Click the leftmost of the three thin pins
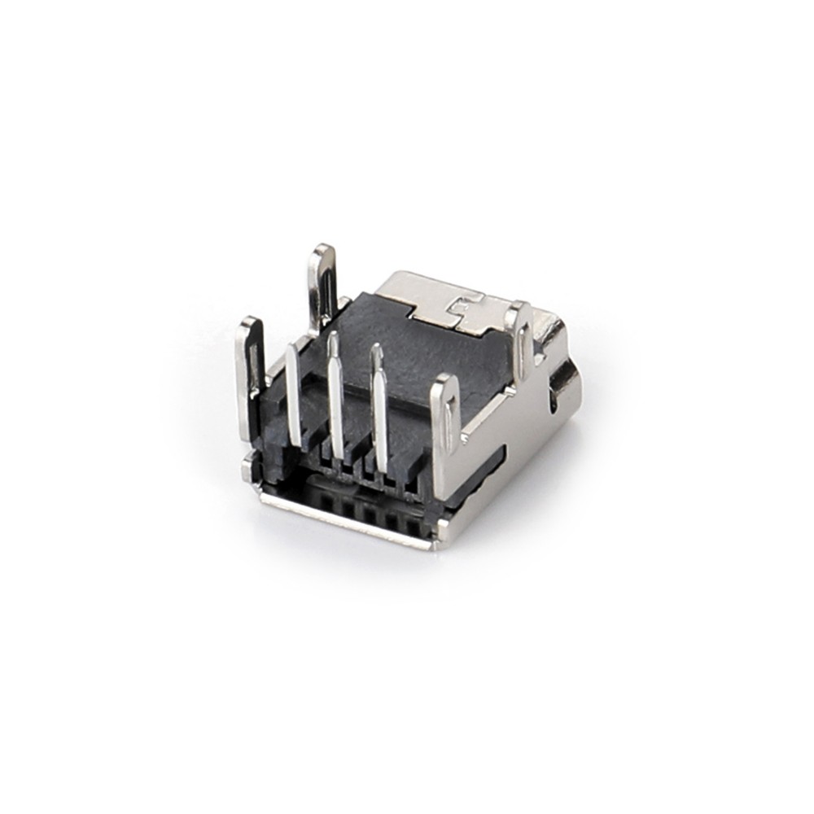pos(294,395)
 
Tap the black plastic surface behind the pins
pos(407,350)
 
